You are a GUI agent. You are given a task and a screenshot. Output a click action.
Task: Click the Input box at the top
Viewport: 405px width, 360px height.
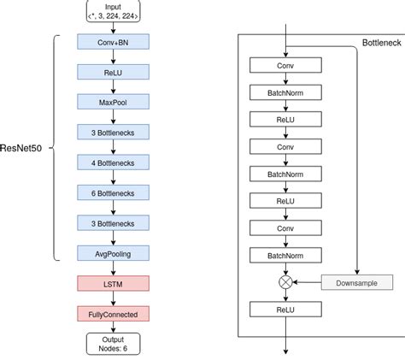pyautogui.click(x=113, y=11)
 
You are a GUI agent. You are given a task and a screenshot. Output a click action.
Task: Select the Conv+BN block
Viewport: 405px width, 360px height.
pyautogui.click(x=113, y=42)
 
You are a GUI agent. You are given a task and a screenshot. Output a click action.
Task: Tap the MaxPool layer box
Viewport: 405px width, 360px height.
pyautogui.click(x=113, y=102)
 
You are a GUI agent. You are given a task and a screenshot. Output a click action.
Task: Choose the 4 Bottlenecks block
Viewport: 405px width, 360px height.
pyautogui.click(x=113, y=162)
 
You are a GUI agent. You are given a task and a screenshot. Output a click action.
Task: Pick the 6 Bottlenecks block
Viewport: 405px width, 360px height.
pyautogui.click(x=113, y=192)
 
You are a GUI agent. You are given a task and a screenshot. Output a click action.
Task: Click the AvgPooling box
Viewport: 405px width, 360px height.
pyautogui.click(x=113, y=252)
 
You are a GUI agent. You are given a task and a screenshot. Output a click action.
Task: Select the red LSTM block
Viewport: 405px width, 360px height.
pyautogui.click(x=113, y=282)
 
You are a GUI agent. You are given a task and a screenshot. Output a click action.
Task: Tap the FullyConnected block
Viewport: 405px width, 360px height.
pyautogui.click(x=113, y=313)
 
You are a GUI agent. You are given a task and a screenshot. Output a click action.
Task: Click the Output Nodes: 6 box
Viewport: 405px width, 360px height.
pyautogui.click(x=113, y=343)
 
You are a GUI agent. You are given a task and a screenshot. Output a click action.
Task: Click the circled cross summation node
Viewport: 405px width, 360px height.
pyautogui.click(x=285, y=281)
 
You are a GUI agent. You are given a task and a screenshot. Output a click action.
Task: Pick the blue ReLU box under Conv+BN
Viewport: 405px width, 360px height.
pyautogui.click(x=113, y=72)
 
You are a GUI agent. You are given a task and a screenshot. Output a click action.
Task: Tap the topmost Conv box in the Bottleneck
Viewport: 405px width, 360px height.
pyautogui.click(x=285, y=65)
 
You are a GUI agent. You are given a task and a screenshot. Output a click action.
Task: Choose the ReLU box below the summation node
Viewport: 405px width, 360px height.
pyautogui.click(x=285, y=310)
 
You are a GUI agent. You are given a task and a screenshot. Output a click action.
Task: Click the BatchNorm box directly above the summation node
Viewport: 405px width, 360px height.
pyautogui.click(x=285, y=255)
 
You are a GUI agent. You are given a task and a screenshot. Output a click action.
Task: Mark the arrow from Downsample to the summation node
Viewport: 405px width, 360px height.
pyautogui.click(x=308, y=281)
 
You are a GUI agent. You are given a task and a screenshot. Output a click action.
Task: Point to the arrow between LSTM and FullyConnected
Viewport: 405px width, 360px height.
pyautogui.click(x=113, y=298)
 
